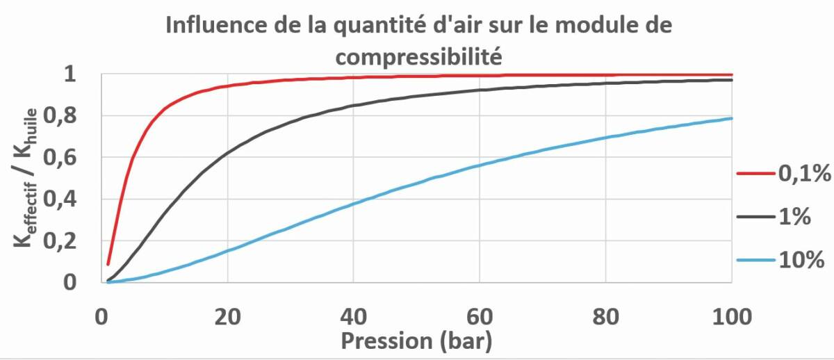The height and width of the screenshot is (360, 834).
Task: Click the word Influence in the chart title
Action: pos(216,25)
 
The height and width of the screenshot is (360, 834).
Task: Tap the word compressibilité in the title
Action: pos(419,57)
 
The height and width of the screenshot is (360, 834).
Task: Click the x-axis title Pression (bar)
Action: pos(416,341)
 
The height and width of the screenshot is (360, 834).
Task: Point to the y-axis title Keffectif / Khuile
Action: pos(26,178)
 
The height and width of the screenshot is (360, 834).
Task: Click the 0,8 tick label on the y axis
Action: pos(60,116)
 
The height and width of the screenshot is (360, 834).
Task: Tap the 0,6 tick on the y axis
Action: pos(60,158)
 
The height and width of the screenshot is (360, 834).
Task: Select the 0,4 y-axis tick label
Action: pos(60,199)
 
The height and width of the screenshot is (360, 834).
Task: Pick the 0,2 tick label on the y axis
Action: pos(60,241)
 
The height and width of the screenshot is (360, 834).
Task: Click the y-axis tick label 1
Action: pos(70,74)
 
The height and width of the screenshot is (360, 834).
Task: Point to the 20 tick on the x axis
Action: pos(227,317)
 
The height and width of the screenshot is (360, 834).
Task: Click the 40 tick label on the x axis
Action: pos(353,317)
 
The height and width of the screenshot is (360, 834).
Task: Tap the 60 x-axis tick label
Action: pos(480,317)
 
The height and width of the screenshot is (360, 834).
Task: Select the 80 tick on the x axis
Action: pos(606,317)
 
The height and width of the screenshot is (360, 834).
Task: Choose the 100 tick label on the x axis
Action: pos(732,317)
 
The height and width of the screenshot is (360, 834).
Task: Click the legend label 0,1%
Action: pos(805,174)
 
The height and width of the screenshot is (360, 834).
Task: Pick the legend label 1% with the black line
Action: pos(794,216)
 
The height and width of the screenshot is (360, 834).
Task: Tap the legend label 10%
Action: pos(801,259)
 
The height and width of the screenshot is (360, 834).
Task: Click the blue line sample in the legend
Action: pos(756,260)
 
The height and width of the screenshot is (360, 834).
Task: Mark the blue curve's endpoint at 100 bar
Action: pos(731,118)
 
